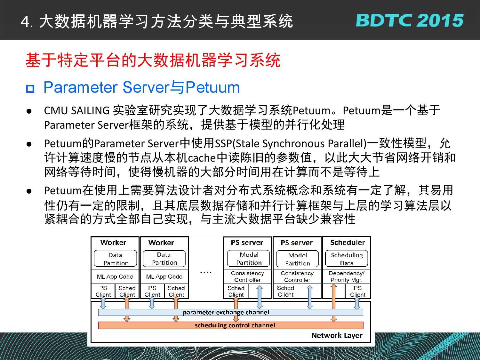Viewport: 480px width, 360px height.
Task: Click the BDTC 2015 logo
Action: click(409, 20)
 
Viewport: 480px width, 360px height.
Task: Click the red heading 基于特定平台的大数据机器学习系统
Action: click(153, 60)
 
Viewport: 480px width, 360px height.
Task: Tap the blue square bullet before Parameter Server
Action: click(30, 89)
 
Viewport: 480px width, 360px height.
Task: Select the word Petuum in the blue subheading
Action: click(212, 87)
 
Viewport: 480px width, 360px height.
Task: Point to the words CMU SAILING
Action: click(77, 110)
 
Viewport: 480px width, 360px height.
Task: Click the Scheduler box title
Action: click(348, 243)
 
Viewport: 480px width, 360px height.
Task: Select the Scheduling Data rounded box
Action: click(347, 259)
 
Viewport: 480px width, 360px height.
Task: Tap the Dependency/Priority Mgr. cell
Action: click(347, 276)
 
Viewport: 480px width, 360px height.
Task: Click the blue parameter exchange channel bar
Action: click(231, 312)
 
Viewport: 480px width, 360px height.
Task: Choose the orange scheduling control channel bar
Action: click(231, 325)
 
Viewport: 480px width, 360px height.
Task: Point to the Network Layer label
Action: click(337, 335)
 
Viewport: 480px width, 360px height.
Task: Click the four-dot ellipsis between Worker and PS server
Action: click(206, 273)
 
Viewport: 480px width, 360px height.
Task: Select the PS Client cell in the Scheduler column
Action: click(358, 291)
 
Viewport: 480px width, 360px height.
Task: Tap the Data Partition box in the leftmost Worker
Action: click(116, 259)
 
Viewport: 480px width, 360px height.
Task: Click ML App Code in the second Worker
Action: click(164, 276)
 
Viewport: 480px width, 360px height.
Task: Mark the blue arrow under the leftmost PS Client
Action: click(103, 303)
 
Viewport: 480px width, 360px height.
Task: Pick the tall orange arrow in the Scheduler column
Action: click(333, 303)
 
